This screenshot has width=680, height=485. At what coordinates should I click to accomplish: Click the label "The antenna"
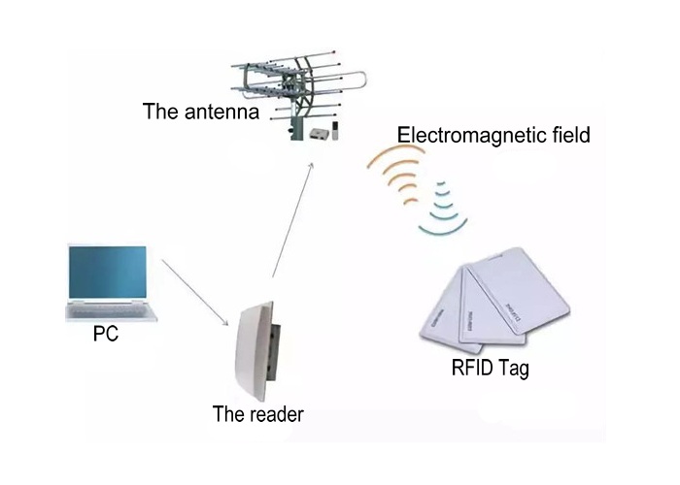[200, 111]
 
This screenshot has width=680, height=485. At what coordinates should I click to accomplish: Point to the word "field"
[568, 134]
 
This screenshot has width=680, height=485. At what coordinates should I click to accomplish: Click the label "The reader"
[258, 414]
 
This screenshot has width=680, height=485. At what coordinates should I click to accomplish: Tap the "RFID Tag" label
[490, 368]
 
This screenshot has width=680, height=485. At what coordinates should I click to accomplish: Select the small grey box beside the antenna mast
[318, 134]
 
